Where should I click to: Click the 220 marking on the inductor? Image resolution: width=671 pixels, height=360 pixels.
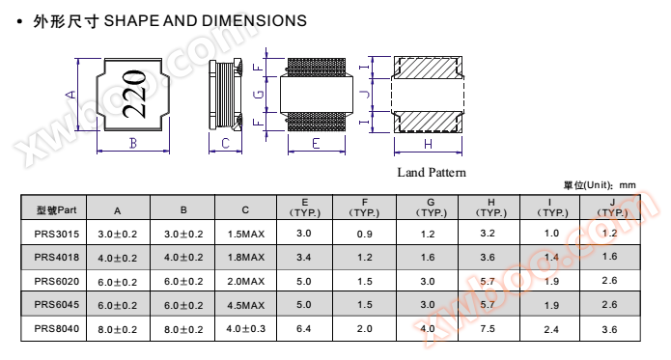click(x=134, y=94)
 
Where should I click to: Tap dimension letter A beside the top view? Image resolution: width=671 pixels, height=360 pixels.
click(x=71, y=95)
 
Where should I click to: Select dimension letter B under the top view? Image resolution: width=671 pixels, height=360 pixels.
click(x=133, y=143)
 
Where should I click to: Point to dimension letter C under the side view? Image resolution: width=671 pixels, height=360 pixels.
click(x=226, y=143)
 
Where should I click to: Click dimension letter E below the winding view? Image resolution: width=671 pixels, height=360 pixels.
click(x=316, y=143)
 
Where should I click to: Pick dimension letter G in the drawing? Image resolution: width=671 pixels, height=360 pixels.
click(x=259, y=95)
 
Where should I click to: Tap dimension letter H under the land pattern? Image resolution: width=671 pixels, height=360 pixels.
click(x=428, y=145)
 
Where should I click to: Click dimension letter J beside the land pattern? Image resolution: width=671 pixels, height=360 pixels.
click(x=365, y=94)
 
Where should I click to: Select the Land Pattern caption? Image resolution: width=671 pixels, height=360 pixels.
click(x=432, y=173)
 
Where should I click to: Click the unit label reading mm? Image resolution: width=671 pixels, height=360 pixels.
click(x=628, y=185)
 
